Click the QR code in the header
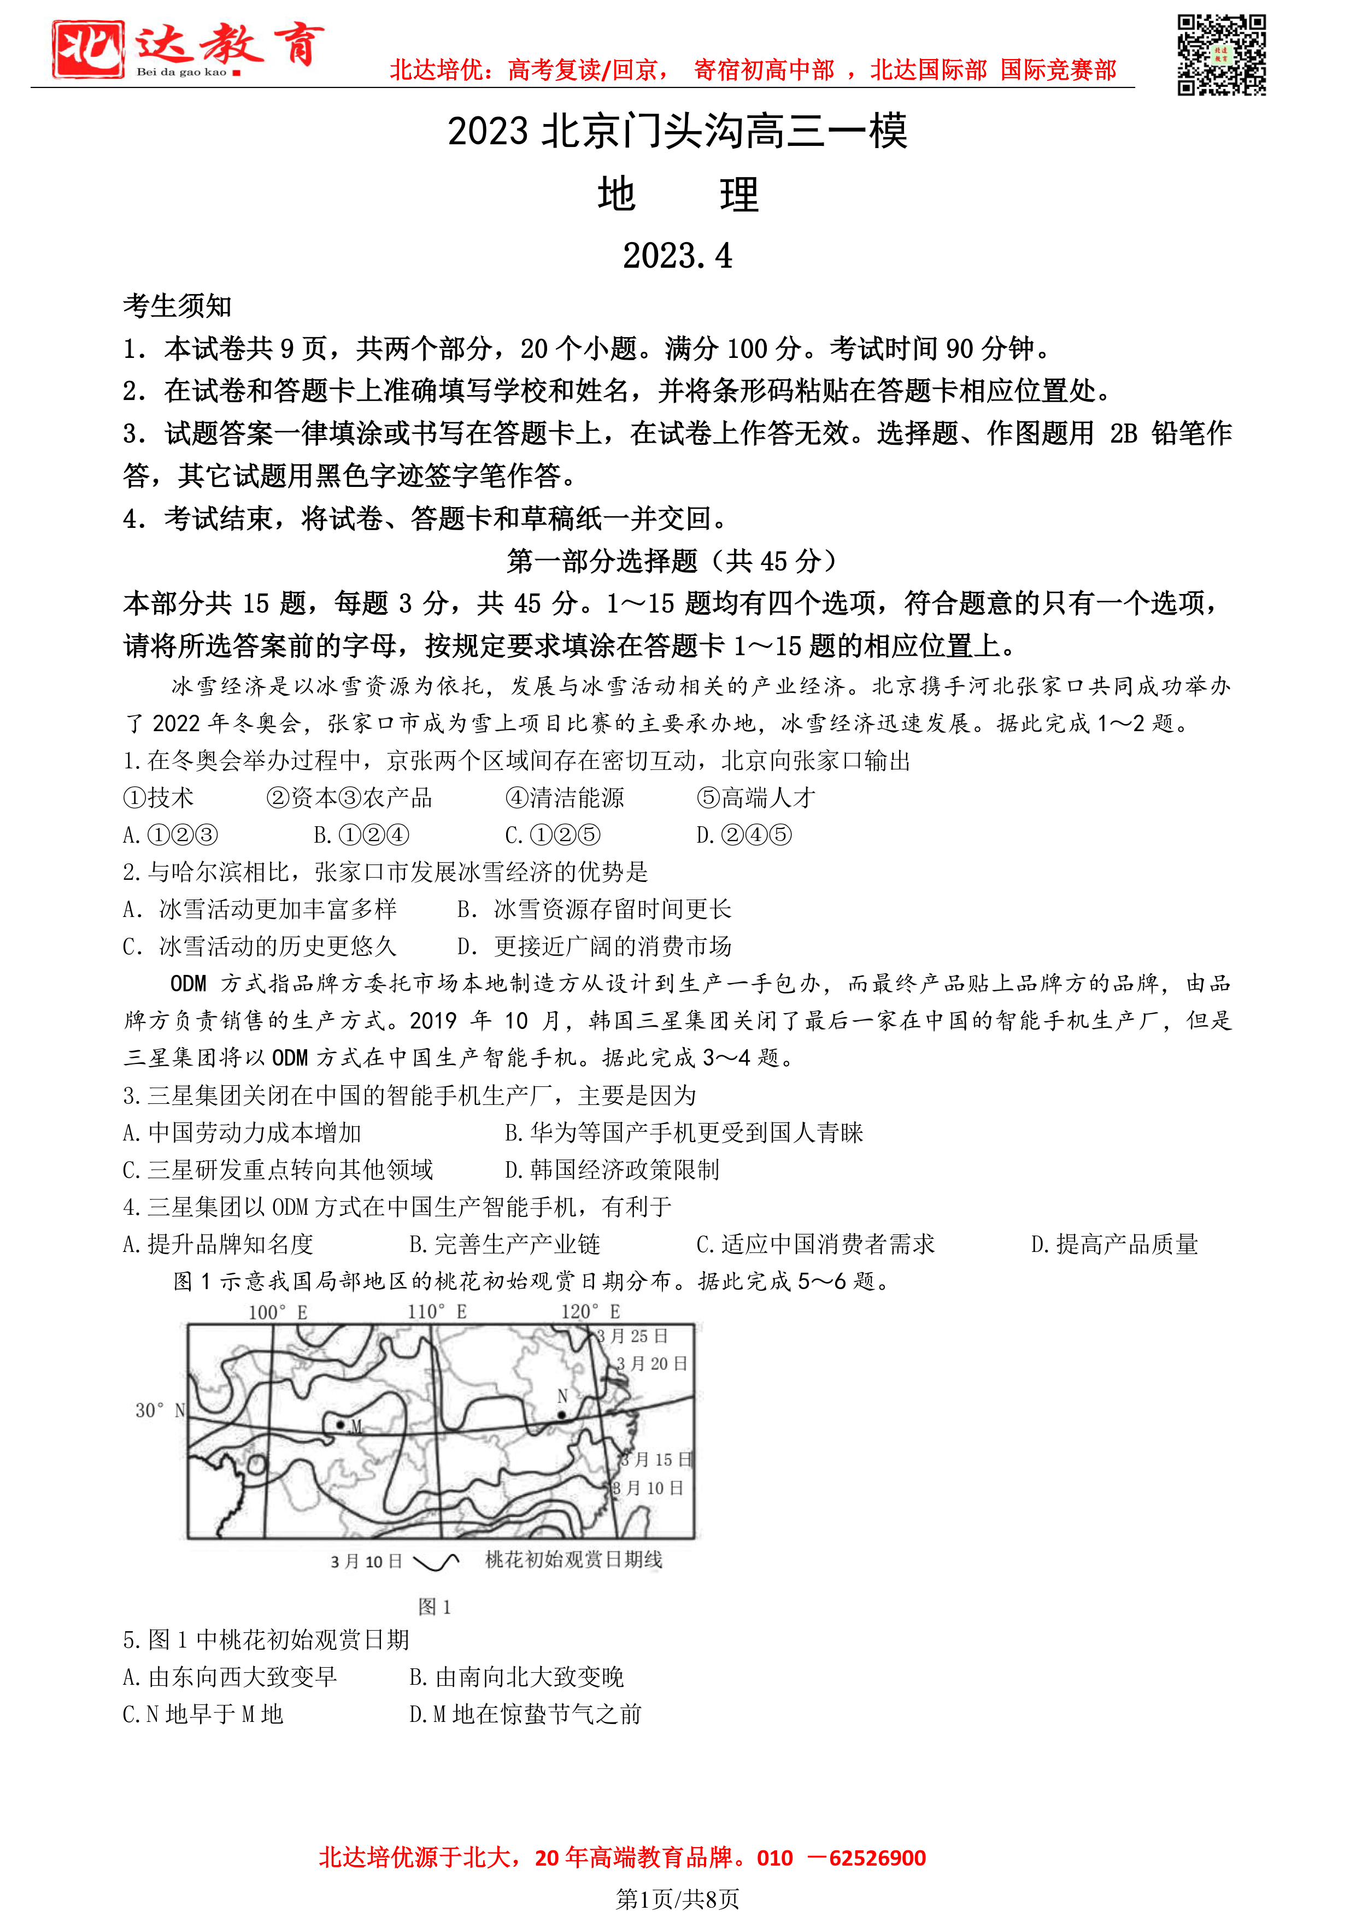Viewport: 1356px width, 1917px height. (1221, 55)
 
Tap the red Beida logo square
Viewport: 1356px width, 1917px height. (87, 49)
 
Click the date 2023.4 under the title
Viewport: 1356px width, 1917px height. (677, 256)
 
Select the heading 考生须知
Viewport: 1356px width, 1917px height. (177, 307)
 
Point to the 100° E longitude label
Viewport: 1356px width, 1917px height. (278, 1312)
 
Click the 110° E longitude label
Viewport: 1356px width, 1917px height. (437, 1312)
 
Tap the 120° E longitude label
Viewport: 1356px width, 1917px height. (590, 1312)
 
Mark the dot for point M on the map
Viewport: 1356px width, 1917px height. (340, 1424)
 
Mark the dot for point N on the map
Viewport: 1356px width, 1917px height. (562, 1414)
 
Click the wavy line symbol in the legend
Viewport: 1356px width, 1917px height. (436, 1561)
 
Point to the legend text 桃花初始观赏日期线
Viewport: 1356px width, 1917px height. (574, 1560)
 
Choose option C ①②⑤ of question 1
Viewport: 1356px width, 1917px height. (553, 835)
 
